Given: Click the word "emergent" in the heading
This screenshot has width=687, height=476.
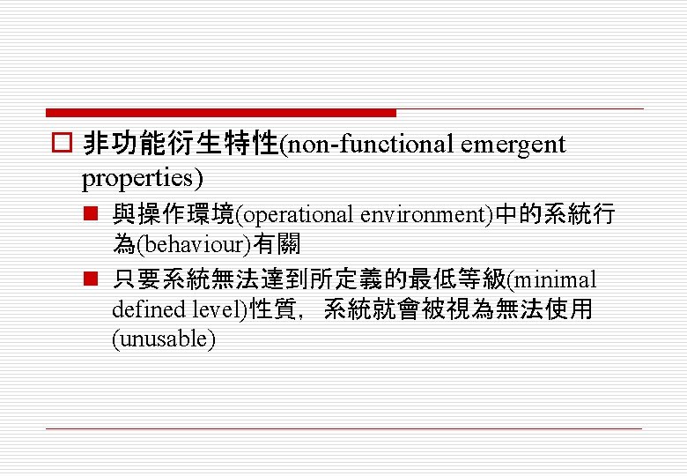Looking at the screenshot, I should tap(513, 145).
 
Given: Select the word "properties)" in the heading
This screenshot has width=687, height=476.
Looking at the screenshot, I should tap(142, 178).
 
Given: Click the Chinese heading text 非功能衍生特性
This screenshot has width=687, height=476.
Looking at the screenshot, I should tap(180, 145).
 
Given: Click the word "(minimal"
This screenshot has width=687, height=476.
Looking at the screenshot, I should tap(552, 280).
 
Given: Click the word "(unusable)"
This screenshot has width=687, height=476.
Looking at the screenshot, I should tap(164, 339).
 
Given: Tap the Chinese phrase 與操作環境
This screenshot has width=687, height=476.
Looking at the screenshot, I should tap(174, 215).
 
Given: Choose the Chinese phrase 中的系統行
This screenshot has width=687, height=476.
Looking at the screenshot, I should tap(554, 215).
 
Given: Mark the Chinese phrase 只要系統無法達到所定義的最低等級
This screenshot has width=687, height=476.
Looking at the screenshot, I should tap(309, 280).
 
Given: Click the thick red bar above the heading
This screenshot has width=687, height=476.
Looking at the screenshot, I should tap(220, 113).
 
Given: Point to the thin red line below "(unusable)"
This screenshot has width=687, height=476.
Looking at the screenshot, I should tap(343, 428).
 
